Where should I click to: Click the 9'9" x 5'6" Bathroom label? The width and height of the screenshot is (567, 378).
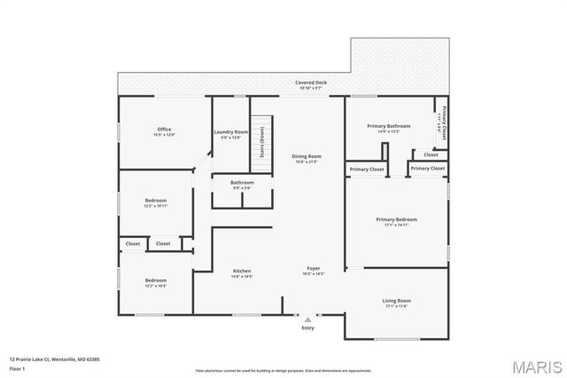(x=242, y=185)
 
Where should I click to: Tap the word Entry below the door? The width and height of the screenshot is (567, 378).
(x=307, y=327)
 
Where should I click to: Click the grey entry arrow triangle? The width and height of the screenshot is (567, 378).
(x=307, y=318)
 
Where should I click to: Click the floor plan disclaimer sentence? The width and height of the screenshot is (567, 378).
(x=283, y=370)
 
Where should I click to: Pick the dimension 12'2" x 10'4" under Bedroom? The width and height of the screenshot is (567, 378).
(x=156, y=286)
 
